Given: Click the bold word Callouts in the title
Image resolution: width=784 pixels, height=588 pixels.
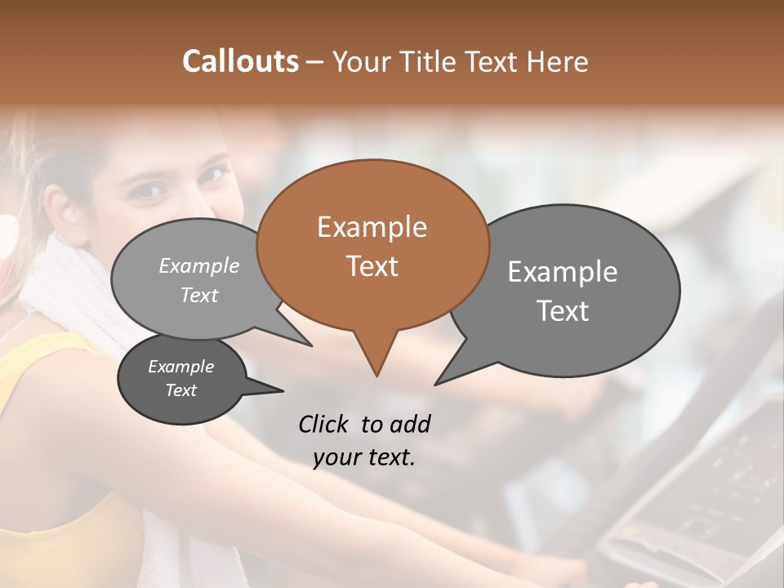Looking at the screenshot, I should click(x=240, y=61).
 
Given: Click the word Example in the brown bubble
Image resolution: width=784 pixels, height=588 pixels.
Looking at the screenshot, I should click(x=372, y=227).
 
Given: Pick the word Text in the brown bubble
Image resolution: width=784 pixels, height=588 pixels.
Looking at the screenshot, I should click(x=372, y=266).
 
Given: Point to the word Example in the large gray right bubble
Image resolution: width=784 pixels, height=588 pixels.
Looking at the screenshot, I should click(x=563, y=272).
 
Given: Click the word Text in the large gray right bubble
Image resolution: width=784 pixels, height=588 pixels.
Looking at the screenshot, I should click(x=563, y=311).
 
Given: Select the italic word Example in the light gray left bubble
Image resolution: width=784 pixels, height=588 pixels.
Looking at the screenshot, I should click(x=199, y=265).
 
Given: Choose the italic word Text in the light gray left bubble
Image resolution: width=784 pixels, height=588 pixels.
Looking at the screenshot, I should click(x=199, y=295).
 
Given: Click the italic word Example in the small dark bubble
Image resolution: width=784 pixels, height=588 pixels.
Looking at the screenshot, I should click(x=180, y=367).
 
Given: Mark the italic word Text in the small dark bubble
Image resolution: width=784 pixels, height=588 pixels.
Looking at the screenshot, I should click(x=180, y=390).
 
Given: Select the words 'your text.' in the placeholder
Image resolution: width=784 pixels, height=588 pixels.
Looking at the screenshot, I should click(x=364, y=457).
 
